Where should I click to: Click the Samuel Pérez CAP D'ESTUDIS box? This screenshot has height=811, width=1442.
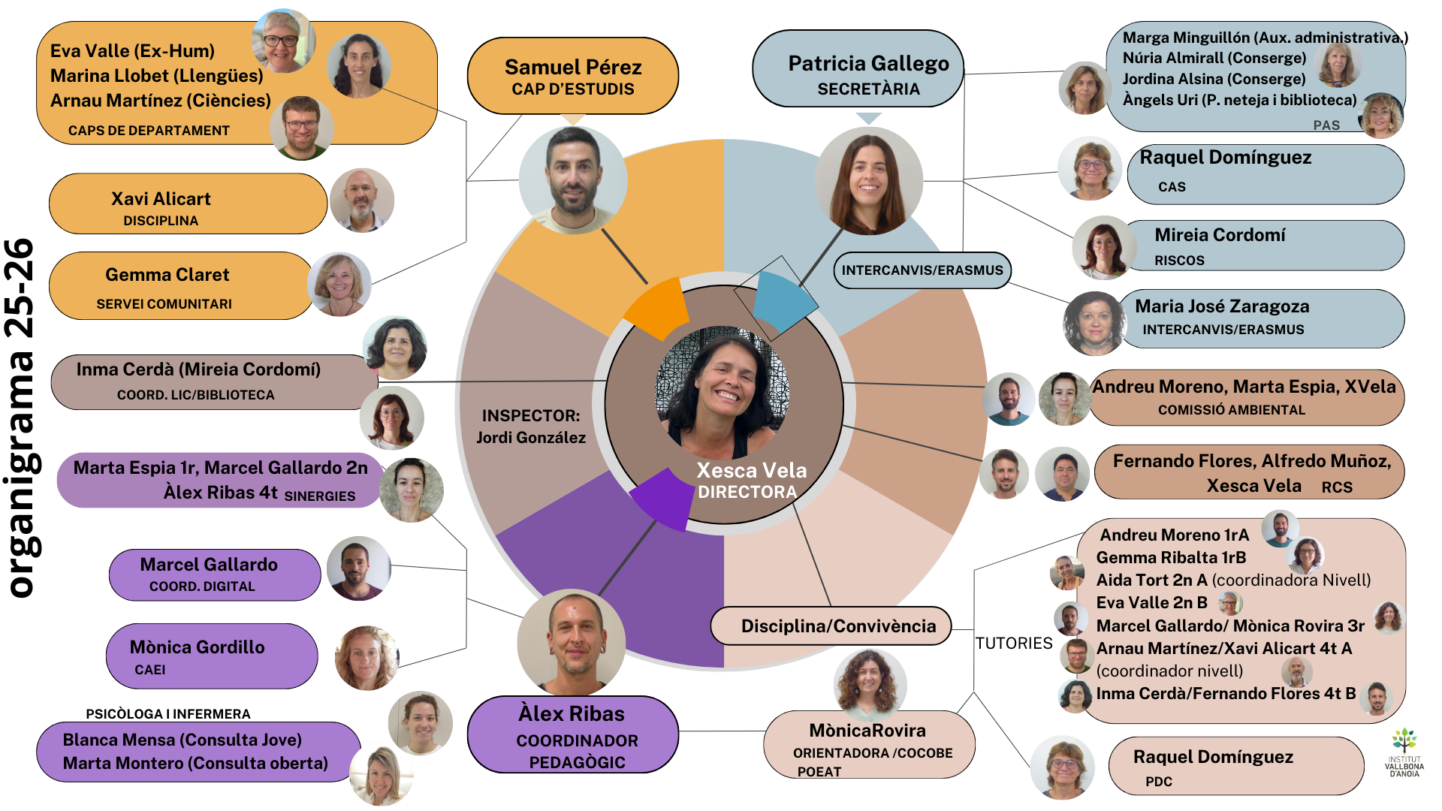[572, 76]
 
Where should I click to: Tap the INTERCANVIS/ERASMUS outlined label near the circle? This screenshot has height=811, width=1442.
[922, 270]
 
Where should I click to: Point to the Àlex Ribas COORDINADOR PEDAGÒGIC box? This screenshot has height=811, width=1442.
[572, 735]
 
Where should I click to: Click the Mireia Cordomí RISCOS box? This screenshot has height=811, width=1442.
[1262, 246]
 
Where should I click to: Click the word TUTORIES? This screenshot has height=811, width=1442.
[1014, 644]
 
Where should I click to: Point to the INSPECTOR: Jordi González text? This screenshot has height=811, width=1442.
[531, 427]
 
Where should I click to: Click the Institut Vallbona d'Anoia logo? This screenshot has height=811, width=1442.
[1404, 752]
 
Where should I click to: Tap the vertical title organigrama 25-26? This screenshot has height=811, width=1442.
[21, 418]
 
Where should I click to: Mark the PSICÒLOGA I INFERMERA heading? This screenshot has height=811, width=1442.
[167, 714]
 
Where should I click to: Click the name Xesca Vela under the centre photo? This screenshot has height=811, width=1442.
[751, 471]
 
